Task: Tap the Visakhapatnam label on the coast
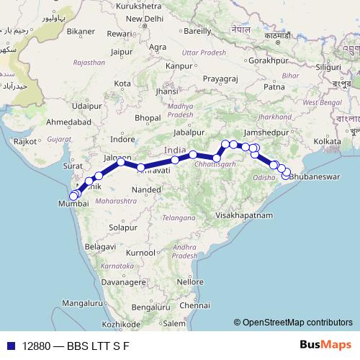(x=246, y=215)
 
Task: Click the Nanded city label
(x=147, y=189)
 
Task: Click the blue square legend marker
(x=9, y=345)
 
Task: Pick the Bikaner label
(x=81, y=32)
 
